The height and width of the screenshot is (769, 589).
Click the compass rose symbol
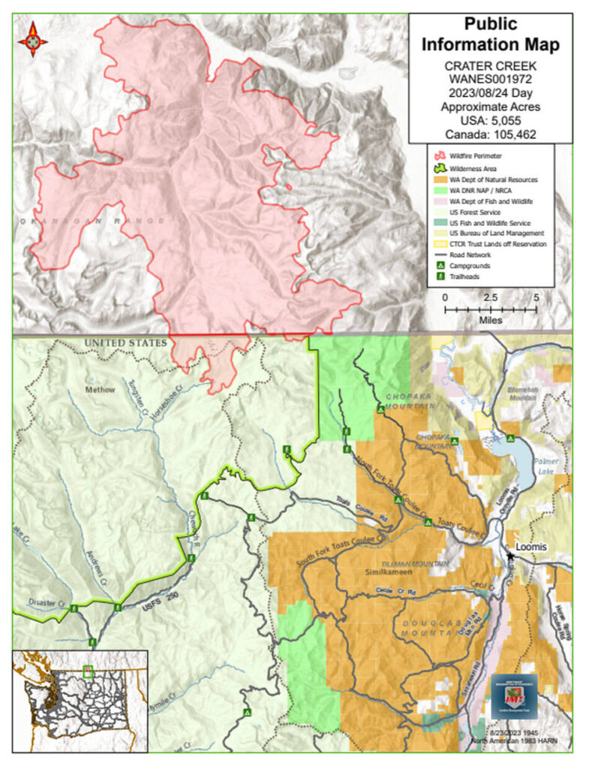33,39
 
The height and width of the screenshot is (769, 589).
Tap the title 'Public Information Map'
490,35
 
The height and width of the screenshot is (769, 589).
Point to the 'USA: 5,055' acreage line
490,121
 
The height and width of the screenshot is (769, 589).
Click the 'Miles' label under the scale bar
489,319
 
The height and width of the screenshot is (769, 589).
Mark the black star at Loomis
510,556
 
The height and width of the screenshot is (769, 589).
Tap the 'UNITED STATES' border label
125,343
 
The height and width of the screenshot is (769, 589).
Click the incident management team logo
514,698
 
